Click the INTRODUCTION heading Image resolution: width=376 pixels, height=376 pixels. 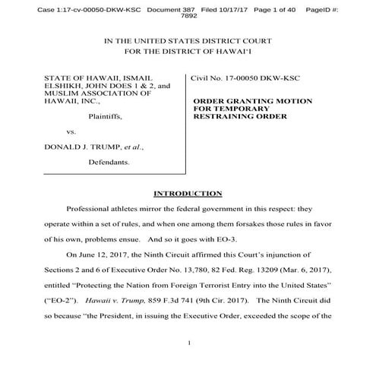[x=188, y=194]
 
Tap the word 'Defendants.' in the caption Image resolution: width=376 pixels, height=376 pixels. [x=109, y=162]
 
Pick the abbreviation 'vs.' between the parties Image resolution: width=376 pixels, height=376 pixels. [x=71, y=132]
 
